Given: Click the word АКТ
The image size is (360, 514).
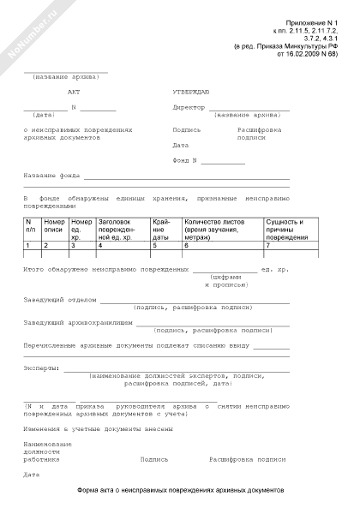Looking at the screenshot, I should [x=71, y=90].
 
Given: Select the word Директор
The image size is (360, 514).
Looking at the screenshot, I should [x=189, y=108].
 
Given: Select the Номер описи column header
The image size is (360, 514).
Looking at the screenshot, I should [x=54, y=227].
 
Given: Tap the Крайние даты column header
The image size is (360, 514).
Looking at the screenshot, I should [x=163, y=227].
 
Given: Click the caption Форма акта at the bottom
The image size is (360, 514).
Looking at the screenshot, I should [x=179, y=490].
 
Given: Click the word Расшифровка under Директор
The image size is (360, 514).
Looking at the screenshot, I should [x=258, y=128].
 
